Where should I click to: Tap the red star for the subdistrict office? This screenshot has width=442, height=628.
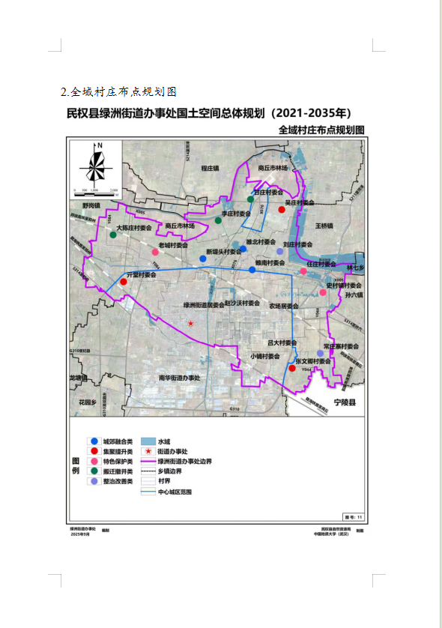[x=191, y=323]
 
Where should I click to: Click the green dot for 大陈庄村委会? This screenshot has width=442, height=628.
[x=113, y=235]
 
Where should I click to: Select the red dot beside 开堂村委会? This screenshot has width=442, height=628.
[x=123, y=283]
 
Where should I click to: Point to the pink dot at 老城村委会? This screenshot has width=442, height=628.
[x=155, y=251]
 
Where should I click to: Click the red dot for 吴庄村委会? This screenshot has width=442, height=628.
[x=282, y=210]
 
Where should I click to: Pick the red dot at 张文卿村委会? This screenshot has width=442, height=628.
[x=292, y=368]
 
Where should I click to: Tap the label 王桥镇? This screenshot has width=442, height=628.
[x=324, y=225]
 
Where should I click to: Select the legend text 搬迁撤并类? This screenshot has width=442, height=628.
[x=118, y=471]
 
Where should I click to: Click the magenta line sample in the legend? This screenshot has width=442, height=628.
[x=148, y=462]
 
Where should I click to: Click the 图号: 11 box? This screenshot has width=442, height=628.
[x=352, y=516]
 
